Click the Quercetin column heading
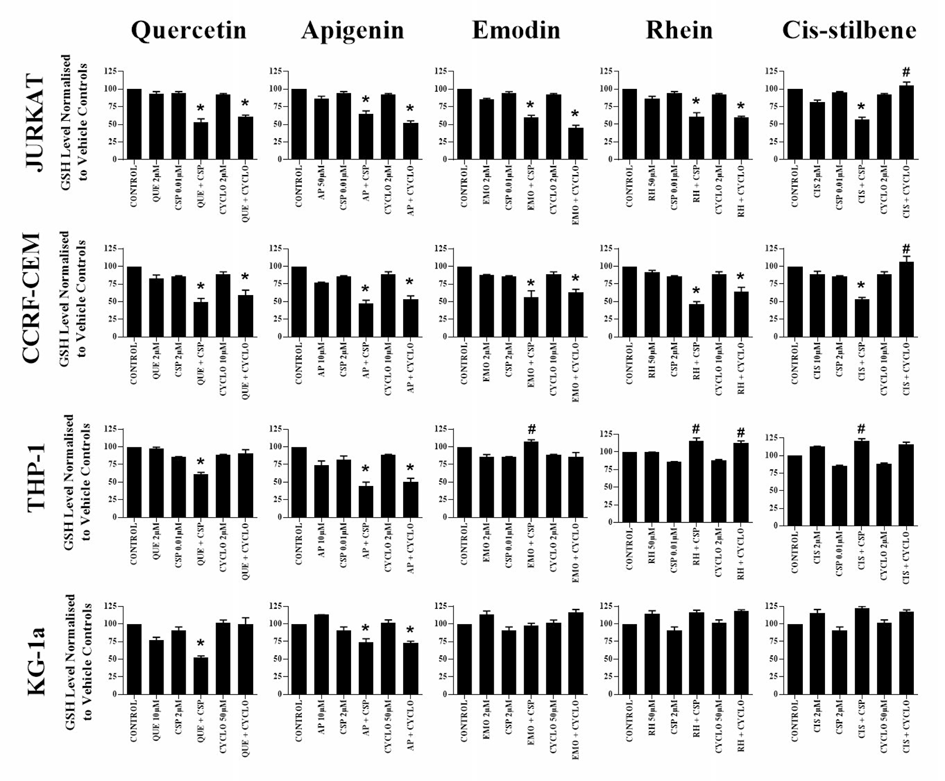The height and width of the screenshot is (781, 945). (189, 30)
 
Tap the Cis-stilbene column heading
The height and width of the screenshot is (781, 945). (849, 30)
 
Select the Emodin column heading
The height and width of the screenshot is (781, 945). (516, 30)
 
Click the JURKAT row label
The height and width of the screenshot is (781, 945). (34, 123)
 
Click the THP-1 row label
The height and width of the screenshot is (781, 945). (36, 477)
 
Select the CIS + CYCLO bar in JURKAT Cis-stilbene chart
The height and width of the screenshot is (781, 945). (906, 123)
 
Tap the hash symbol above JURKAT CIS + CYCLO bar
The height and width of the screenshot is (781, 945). (906, 72)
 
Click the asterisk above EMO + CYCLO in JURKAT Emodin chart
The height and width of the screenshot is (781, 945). (575, 114)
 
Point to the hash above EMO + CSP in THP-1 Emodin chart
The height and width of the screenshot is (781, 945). (532, 429)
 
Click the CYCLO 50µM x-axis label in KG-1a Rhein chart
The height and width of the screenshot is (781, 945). (718, 723)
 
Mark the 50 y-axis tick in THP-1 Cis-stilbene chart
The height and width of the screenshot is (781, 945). (773, 490)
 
